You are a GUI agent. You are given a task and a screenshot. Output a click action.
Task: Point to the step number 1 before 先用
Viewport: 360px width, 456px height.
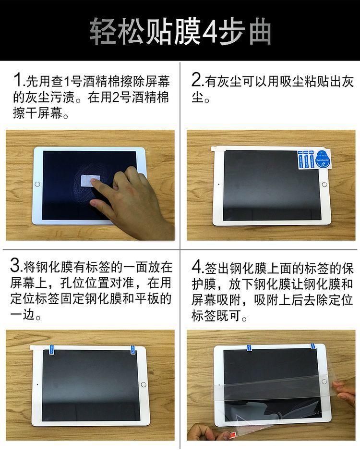(x=19, y=80)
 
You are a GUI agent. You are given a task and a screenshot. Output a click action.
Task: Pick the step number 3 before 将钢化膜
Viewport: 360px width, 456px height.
(x=15, y=266)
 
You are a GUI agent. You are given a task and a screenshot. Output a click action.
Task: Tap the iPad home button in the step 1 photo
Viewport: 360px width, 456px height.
(x=37, y=184)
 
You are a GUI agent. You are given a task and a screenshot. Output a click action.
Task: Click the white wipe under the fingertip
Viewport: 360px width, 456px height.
(x=90, y=181)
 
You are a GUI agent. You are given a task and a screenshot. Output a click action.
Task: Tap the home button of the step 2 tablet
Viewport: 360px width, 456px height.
(x=324, y=185)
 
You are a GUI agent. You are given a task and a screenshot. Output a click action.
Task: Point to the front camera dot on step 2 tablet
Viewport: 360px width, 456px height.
(x=218, y=184)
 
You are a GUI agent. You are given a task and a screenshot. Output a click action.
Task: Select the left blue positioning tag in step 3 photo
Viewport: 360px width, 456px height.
(x=53, y=349)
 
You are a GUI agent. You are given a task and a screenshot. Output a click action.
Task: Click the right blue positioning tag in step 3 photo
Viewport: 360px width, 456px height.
(x=133, y=349)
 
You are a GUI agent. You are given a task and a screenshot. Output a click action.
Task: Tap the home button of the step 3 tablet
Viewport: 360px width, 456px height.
(x=144, y=384)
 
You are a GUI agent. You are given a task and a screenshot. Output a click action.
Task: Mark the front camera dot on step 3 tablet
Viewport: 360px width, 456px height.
(x=37, y=384)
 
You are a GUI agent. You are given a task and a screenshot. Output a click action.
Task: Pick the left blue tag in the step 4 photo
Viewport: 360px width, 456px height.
(x=249, y=348)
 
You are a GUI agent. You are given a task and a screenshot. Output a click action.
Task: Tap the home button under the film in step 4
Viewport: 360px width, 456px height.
(x=324, y=381)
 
